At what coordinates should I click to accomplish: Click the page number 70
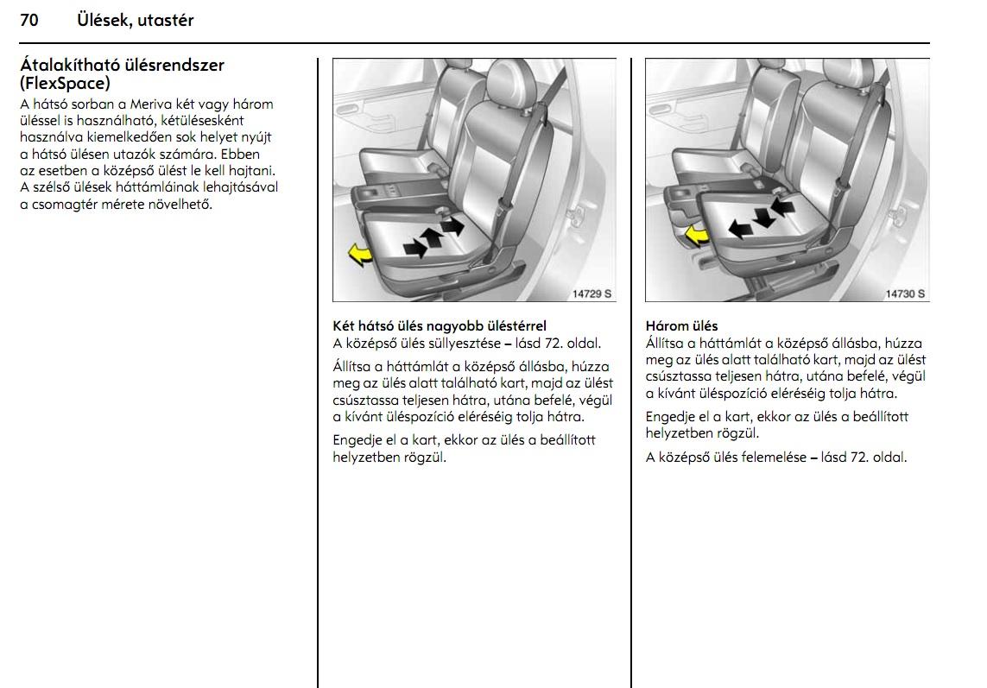(x=28, y=21)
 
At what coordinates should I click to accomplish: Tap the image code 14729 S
(x=592, y=294)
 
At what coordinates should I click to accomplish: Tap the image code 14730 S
(x=905, y=294)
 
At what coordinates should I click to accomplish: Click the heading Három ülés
(x=681, y=326)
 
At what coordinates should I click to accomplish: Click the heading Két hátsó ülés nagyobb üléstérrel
(x=440, y=326)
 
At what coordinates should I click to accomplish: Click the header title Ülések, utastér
(x=135, y=21)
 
